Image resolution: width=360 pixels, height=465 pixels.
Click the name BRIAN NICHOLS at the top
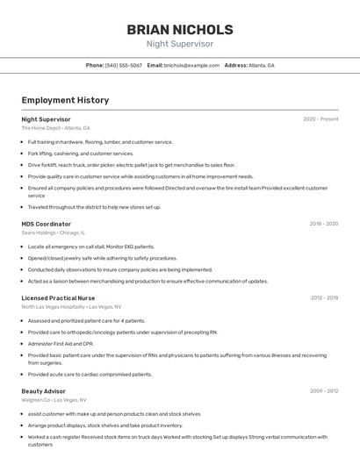[x=179, y=29]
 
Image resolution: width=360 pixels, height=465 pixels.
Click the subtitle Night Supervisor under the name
[x=179, y=44]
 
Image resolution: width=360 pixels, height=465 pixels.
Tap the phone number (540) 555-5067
[x=124, y=65]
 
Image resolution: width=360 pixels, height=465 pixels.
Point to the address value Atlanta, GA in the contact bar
[x=262, y=65]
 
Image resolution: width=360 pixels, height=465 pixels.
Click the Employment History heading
[x=65, y=100]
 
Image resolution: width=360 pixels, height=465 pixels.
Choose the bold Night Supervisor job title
[x=46, y=119]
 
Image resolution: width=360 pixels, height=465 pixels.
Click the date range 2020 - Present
[x=320, y=119]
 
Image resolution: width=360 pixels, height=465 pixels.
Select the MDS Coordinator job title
[x=46, y=224]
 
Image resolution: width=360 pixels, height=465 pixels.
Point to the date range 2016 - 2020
[x=323, y=224]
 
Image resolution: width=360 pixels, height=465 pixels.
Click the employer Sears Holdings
[x=40, y=232]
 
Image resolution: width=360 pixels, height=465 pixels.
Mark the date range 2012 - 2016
[x=324, y=298]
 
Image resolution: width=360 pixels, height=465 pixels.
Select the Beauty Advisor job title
[x=44, y=391]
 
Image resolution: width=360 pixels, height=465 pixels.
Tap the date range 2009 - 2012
[x=324, y=391]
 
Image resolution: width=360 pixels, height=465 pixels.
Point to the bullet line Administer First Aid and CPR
[x=61, y=344]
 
